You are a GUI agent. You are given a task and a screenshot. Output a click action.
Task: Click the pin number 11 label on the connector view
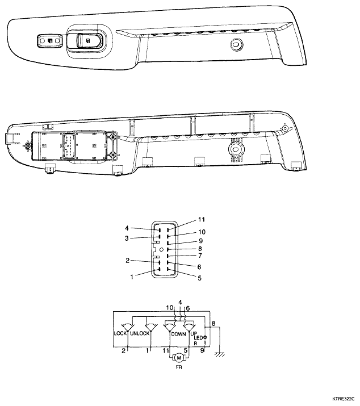click(x=202, y=220)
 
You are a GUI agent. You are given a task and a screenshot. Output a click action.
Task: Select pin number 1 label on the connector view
click(x=132, y=277)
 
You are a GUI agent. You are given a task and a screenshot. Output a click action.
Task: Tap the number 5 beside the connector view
click(x=200, y=278)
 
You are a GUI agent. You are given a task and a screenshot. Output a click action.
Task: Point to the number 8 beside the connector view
click(x=200, y=249)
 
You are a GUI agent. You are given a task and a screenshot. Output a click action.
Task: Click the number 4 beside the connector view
click(x=127, y=228)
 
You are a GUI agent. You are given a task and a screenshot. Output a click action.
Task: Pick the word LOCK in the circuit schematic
click(x=120, y=333)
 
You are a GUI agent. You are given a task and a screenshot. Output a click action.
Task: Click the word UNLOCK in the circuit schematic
click(x=140, y=333)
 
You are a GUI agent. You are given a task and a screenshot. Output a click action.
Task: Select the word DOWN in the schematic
click(x=179, y=334)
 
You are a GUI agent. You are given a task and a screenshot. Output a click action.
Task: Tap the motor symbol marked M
click(x=179, y=358)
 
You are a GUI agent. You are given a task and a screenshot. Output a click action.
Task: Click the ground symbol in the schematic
click(x=220, y=354)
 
